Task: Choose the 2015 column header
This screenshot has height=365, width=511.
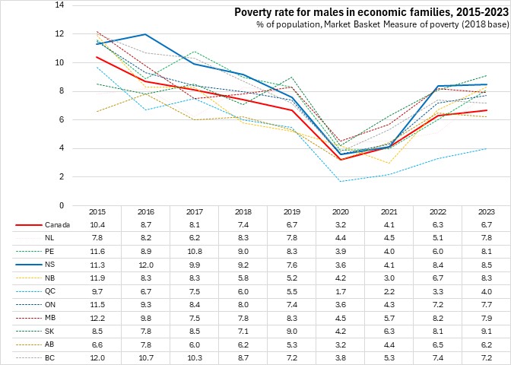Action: tap(97, 211)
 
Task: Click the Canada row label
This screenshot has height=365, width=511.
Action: tap(58, 225)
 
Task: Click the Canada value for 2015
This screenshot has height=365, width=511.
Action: tap(97, 225)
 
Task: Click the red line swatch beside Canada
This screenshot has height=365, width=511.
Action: tap(28, 225)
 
